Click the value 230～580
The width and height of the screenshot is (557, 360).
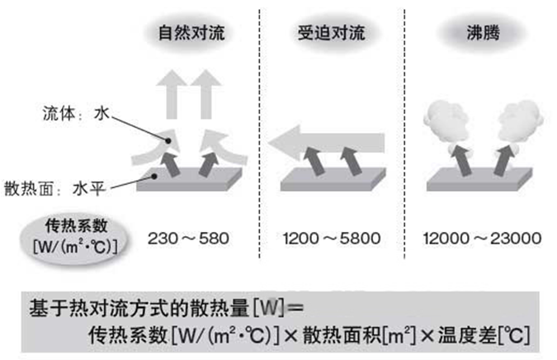[188, 239]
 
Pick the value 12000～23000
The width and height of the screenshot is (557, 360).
[482, 239]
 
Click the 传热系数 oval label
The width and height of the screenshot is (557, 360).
[71, 225]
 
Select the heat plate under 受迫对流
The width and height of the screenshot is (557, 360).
[331, 177]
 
